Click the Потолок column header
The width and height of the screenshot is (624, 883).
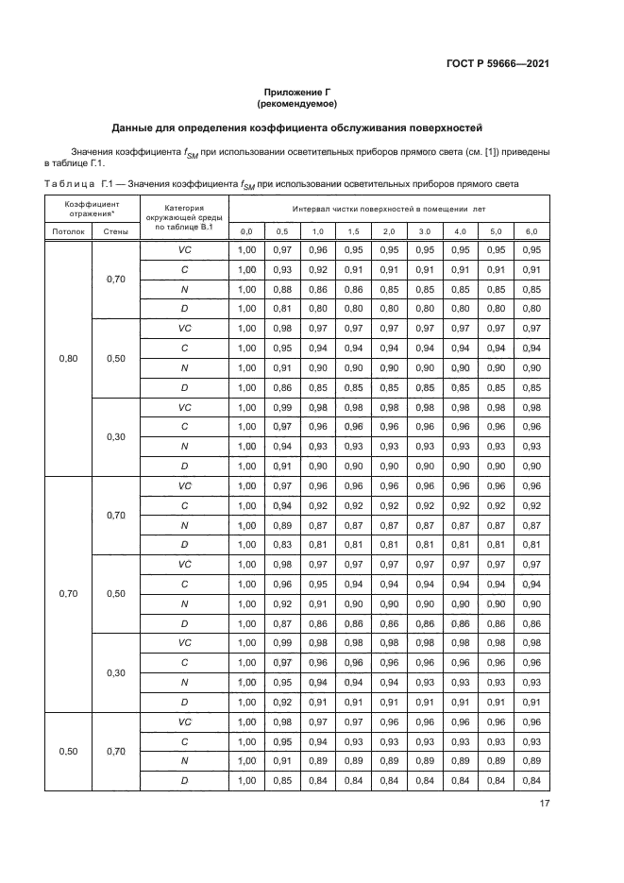(68, 230)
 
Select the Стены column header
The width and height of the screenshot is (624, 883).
(116, 230)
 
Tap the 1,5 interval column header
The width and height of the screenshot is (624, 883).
(353, 231)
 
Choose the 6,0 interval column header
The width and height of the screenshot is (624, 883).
(531, 231)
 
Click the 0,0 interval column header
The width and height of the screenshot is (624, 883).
(246, 231)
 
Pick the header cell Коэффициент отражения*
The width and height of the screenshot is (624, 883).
(92, 208)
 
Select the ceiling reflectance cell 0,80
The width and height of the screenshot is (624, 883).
(68, 359)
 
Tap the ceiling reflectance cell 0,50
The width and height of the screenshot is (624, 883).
(68, 752)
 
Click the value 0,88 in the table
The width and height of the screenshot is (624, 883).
(282, 289)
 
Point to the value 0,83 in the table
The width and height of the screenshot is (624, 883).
(282, 545)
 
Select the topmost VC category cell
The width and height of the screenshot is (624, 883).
(185, 249)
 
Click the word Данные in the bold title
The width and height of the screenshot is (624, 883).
(138, 126)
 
